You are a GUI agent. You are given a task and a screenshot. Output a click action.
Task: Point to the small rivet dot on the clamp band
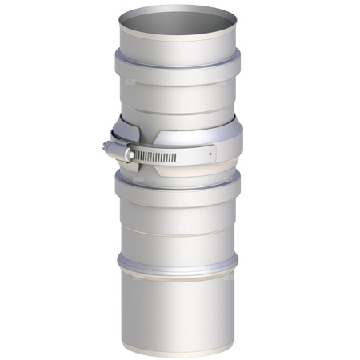coord(210,150)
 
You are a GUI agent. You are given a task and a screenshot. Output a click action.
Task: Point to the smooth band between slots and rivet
coord(192,153)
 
